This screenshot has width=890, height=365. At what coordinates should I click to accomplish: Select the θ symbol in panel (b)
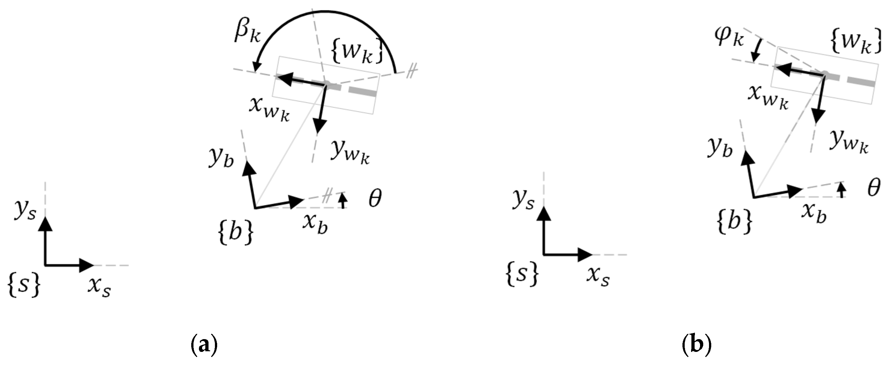tap(874, 188)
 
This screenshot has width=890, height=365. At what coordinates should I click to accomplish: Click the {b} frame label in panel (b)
tap(735, 221)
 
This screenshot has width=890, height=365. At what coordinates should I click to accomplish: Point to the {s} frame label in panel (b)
tap(522, 274)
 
